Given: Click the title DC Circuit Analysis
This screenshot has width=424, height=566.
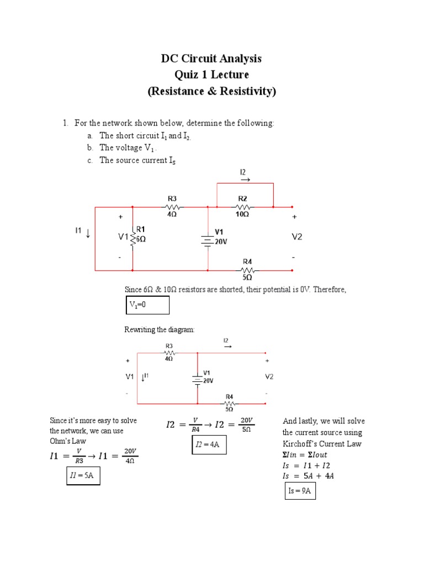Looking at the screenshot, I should pyautogui.click(x=211, y=59).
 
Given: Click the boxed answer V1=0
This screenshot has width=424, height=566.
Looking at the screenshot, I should pyautogui.click(x=147, y=305).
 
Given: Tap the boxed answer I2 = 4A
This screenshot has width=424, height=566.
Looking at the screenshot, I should pyautogui.click(x=209, y=444).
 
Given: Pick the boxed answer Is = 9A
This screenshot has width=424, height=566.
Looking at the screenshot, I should pyautogui.click(x=300, y=490).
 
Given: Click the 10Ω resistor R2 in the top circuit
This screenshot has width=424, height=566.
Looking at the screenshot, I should pyautogui.click(x=243, y=207).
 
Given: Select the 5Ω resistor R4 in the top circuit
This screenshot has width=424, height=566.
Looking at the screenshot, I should pyautogui.click(x=247, y=270).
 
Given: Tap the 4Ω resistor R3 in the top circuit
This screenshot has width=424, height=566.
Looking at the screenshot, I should pyautogui.click(x=171, y=207).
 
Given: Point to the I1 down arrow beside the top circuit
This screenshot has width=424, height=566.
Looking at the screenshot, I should pyautogui.click(x=88, y=234).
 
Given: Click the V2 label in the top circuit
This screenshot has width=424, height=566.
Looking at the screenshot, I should pyautogui.click(x=298, y=237).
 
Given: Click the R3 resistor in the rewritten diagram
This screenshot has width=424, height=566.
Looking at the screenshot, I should pyautogui.click(x=169, y=352).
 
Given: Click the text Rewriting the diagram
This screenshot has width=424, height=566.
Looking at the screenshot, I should pyautogui.click(x=160, y=330).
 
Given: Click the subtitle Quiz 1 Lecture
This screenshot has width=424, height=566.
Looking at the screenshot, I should pyautogui.click(x=211, y=75).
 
